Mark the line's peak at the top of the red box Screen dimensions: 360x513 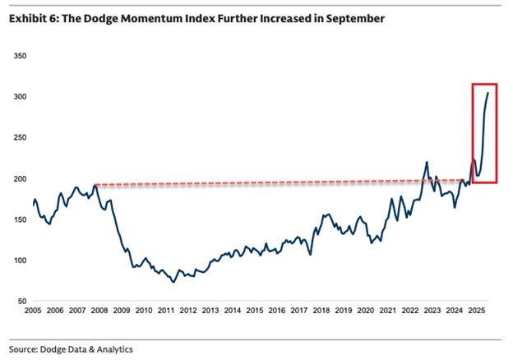488,93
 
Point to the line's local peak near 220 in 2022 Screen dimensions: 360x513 427,162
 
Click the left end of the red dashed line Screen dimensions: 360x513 96,184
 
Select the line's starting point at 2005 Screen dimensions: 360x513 34,204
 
